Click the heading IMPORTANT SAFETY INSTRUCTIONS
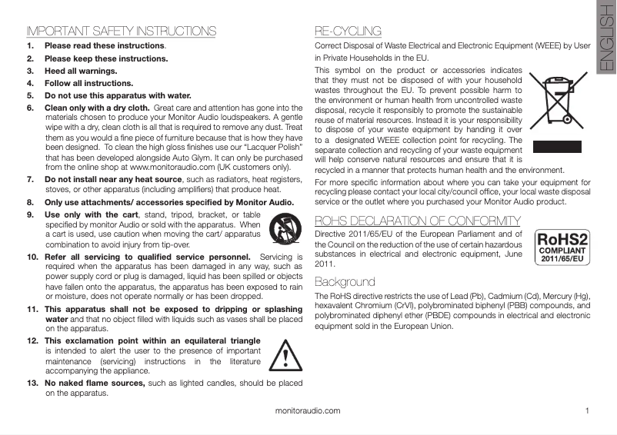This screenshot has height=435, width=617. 121,32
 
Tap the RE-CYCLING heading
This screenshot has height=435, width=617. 349,32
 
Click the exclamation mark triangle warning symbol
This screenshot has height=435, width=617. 285,355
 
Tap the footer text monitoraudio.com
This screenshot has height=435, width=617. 308,411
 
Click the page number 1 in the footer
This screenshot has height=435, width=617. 586,411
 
